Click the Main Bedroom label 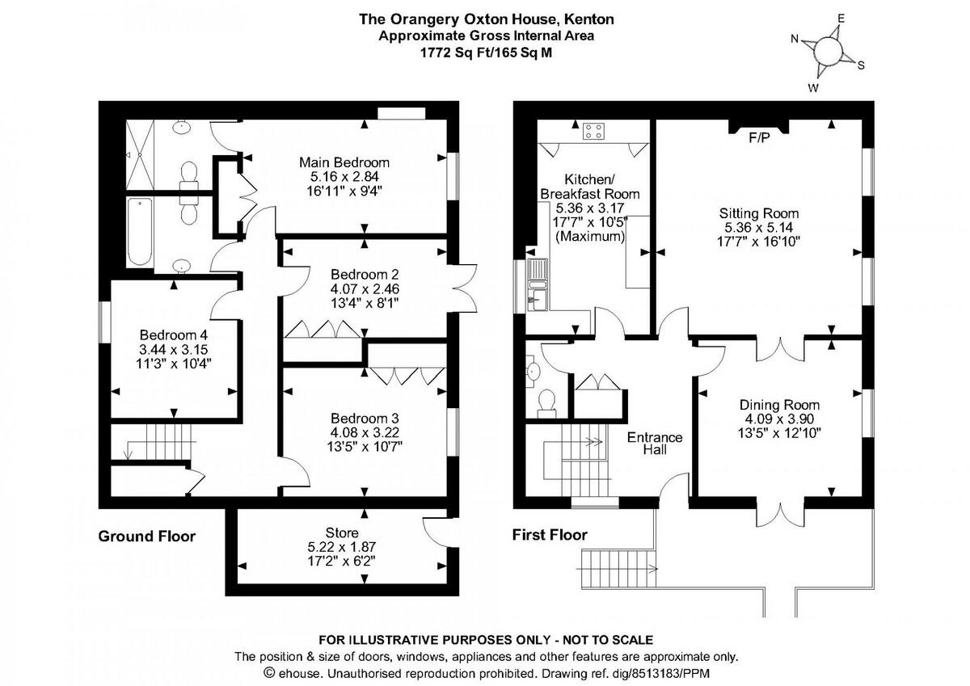344,162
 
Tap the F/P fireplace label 760,137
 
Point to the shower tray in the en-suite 140,154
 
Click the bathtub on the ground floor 140,232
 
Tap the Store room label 342,532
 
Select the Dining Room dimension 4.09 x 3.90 779,419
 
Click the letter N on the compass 795,40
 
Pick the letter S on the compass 862,65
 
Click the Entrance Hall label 655,444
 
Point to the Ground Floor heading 147,537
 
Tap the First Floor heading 550,535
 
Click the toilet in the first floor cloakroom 546,403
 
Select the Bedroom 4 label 174,335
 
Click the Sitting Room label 759,213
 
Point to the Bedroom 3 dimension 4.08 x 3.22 365,432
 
